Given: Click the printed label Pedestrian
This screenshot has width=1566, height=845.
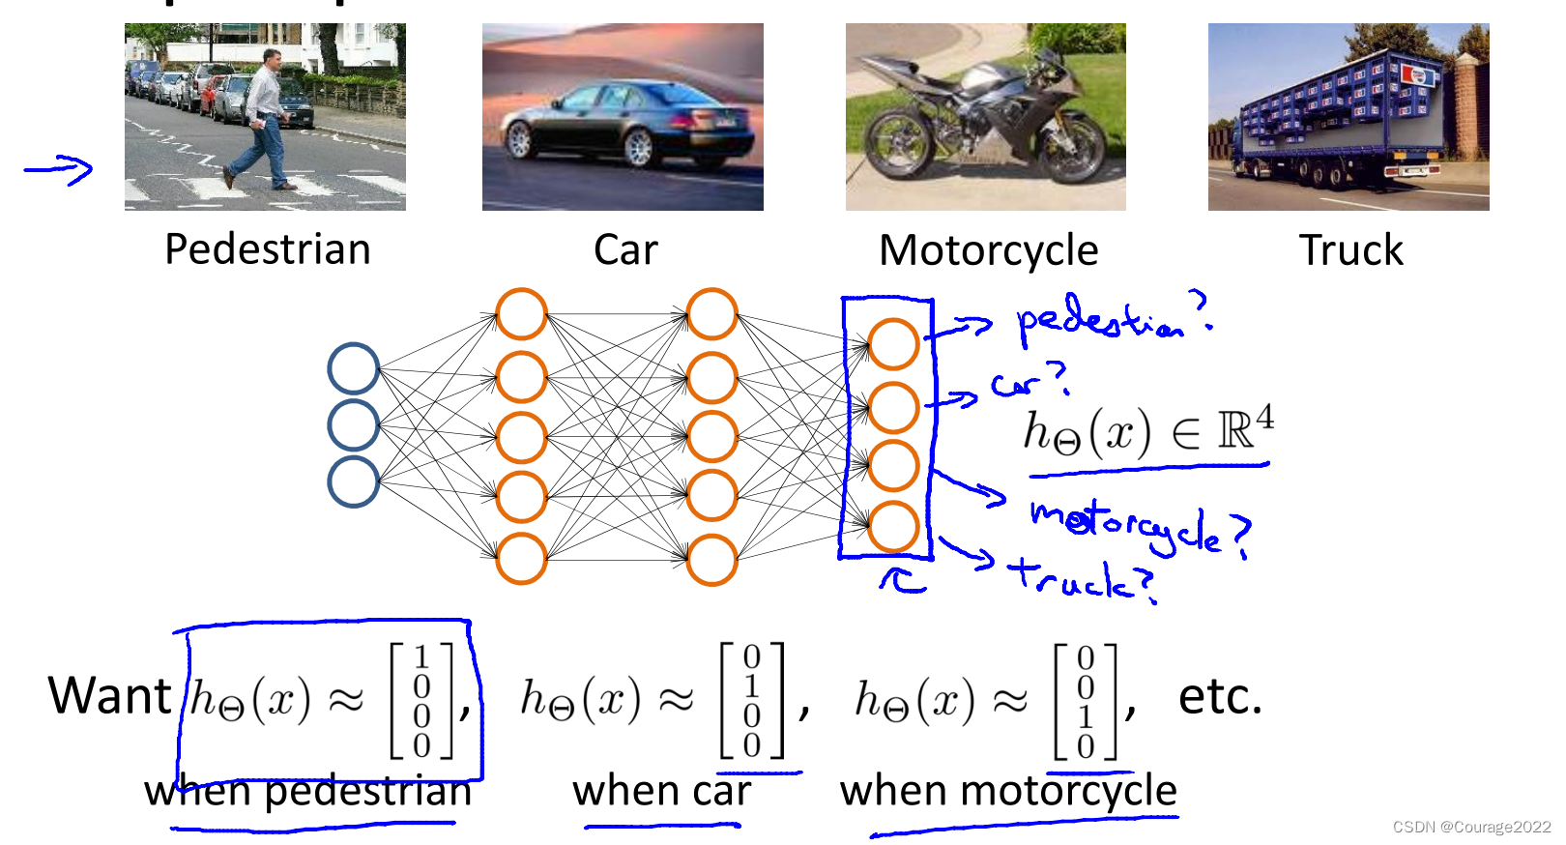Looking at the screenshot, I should point(268,249).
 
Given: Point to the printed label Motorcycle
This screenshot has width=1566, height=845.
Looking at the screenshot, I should point(988,250).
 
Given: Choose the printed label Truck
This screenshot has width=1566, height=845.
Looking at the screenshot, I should point(1350,250).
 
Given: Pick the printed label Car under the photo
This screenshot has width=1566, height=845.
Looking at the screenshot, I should point(625,250).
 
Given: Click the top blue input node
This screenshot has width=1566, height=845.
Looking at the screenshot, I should point(353,367).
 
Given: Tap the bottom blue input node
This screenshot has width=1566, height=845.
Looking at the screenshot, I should point(353,481).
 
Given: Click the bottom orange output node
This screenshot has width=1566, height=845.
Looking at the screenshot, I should point(892,526).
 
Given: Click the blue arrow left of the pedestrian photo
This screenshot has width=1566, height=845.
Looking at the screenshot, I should point(59,170).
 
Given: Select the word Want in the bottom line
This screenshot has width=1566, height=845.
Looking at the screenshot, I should point(110,696).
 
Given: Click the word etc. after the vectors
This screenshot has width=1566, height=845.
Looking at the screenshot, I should point(1220,696).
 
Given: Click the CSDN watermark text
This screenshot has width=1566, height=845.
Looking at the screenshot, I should point(1471,827).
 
